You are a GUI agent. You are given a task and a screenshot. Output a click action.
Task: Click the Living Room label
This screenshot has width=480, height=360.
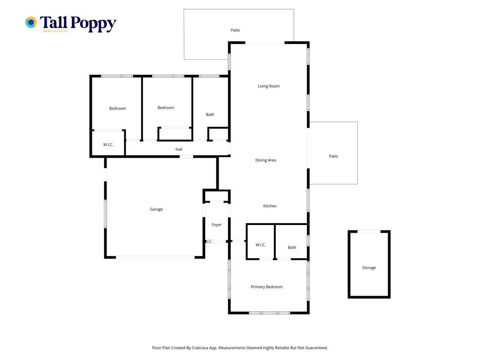269,86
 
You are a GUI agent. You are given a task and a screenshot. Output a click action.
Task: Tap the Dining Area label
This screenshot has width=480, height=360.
265,160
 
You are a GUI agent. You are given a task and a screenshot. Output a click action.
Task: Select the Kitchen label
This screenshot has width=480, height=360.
270,206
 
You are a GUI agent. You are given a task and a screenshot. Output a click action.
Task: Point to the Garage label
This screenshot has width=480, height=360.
156,209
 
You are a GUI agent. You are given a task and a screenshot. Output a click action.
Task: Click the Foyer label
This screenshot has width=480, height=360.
216,225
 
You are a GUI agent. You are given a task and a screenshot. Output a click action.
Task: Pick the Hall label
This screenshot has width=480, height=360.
179,149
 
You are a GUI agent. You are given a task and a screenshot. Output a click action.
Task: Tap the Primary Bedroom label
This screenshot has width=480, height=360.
267,287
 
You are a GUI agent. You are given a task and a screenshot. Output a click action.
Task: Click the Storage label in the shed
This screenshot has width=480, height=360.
369,268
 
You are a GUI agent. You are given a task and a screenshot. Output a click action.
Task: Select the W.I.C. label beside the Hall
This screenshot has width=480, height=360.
108,144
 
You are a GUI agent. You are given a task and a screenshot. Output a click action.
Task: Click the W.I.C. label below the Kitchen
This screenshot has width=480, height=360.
260,245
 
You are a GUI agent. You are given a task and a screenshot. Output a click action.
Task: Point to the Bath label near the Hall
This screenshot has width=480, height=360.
210,114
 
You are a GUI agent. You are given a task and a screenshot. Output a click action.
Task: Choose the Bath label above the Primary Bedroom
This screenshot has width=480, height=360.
292,247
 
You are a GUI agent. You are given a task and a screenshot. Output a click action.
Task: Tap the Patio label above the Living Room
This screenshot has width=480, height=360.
235,30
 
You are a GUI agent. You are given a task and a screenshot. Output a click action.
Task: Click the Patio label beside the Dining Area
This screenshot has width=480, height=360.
333,156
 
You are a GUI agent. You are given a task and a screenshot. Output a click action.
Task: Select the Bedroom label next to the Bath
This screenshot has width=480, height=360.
166,108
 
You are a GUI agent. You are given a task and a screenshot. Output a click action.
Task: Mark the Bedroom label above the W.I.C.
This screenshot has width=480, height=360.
117,108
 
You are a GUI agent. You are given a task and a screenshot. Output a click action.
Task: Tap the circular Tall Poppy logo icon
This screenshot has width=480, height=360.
31,22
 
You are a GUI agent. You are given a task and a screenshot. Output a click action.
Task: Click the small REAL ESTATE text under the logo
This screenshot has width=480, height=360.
55,31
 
